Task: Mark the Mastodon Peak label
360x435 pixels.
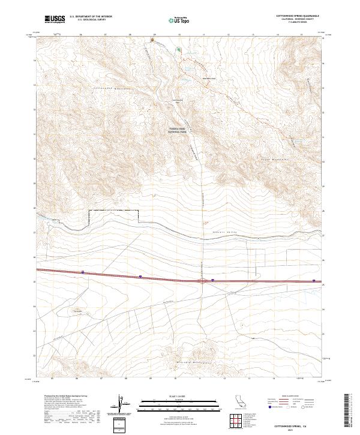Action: pyautogui.click(x=208, y=78)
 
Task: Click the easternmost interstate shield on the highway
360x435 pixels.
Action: pyautogui.click(x=314, y=280)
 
